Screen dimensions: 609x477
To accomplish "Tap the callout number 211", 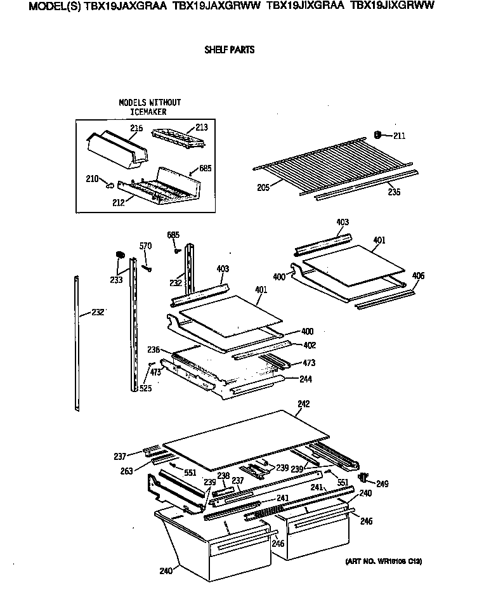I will (x=398, y=136).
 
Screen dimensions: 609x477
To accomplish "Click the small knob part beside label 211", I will (x=378, y=134).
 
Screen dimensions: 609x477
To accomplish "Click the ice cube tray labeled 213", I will (x=179, y=136).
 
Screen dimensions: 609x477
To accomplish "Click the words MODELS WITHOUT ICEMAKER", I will (x=150, y=107).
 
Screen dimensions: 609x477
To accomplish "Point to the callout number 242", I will (x=304, y=404).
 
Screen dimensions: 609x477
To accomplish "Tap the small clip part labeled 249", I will (x=363, y=476).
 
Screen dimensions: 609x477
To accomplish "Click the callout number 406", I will (x=418, y=276).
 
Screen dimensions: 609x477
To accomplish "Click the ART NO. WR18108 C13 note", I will (x=384, y=561).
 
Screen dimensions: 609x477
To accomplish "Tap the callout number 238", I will (x=223, y=475).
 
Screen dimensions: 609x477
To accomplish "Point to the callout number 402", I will (x=309, y=345).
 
